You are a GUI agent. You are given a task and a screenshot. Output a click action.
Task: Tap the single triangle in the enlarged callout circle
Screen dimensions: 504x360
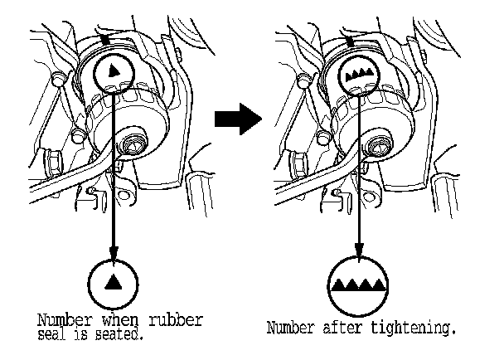point(114,283)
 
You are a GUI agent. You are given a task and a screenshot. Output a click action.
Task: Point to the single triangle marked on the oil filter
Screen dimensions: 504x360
point(114,74)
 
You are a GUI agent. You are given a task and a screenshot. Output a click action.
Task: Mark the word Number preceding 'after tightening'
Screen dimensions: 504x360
point(291,328)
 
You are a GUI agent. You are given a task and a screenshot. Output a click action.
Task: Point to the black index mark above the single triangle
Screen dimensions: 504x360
point(104,40)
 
